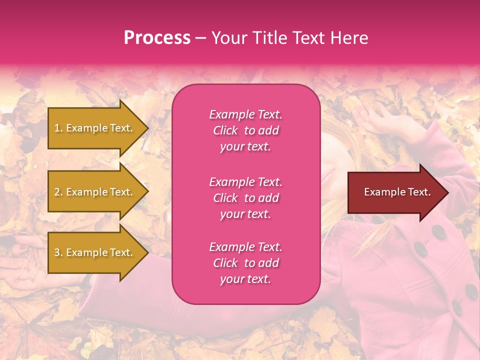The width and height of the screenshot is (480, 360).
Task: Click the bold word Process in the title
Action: pos(157,38)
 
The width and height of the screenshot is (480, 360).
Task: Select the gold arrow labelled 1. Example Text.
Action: pos(95,128)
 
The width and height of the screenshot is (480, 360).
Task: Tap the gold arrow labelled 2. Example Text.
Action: pos(95,192)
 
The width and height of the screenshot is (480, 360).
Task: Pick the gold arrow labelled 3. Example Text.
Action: pos(95,252)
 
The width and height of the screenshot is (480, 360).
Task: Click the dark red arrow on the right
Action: pos(395,192)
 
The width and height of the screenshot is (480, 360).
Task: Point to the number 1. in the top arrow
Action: pos(58,128)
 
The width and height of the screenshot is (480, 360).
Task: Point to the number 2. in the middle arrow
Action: pos(58,192)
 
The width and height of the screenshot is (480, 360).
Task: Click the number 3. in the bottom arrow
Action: pos(58,252)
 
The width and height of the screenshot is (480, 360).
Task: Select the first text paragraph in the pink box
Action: pos(245,130)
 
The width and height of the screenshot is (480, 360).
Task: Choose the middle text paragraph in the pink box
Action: pos(245,198)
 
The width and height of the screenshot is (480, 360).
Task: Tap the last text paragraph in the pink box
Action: pos(245,263)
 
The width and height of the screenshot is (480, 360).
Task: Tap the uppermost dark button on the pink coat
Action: pos(438,231)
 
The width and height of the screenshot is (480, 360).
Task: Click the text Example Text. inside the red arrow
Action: pos(397,192)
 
